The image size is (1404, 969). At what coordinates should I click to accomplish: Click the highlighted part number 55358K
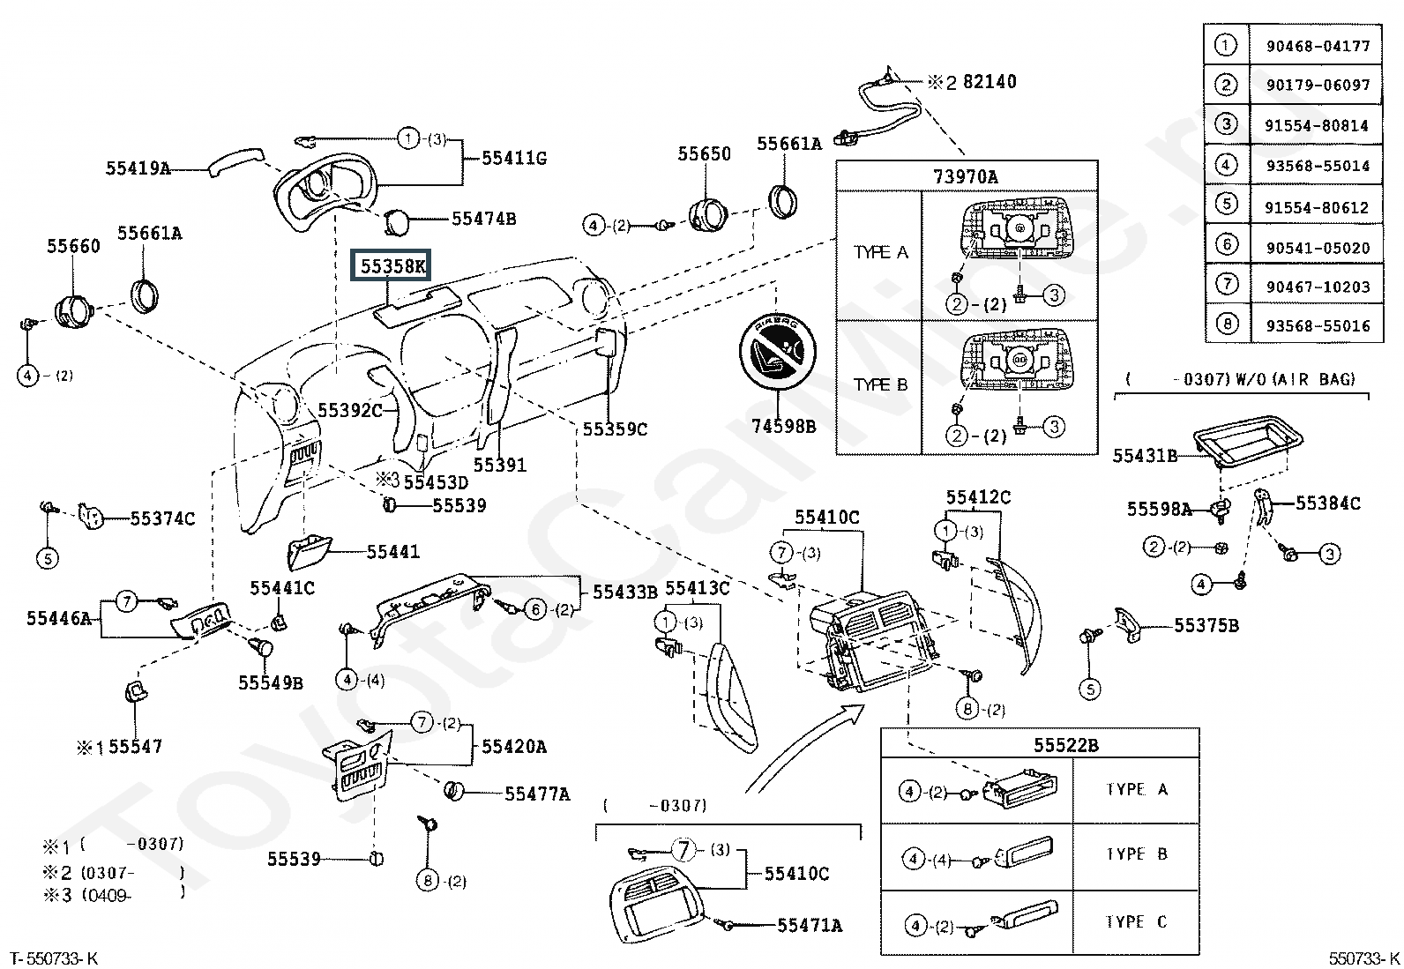[x=392, y=266]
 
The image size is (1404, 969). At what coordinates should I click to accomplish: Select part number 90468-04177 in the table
[x=1318, y=46]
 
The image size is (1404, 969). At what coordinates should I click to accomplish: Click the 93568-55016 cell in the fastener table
[x=1318, y=326]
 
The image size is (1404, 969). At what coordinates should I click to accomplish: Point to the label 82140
[x=990, y=81]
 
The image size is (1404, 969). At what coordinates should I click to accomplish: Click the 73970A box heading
[x=965, y=176]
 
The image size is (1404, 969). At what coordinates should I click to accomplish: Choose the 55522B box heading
[x=1065, y=745]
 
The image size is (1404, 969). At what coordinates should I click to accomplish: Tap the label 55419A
[x=138, y=168]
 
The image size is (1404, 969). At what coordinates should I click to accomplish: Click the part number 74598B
[x=783, y=426]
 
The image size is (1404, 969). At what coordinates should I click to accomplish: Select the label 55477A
[x=537, y=794]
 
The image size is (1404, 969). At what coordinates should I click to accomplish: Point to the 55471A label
[x=810, y=925]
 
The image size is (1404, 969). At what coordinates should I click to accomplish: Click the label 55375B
[x=1206, y=625]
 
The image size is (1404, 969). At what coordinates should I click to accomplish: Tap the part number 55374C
[x=162, y=519]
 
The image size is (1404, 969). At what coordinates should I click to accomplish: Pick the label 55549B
[x=270, y=682]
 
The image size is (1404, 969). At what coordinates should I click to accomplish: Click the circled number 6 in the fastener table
[x=1227, y=244]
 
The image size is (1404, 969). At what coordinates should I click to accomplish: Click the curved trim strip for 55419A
[x=235, y=161]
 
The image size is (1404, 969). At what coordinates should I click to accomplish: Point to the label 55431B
[x=1145, y=456]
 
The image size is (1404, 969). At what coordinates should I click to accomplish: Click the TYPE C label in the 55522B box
[x=1136, y=921]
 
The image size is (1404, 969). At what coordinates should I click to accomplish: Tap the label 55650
[x=704, y=153]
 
